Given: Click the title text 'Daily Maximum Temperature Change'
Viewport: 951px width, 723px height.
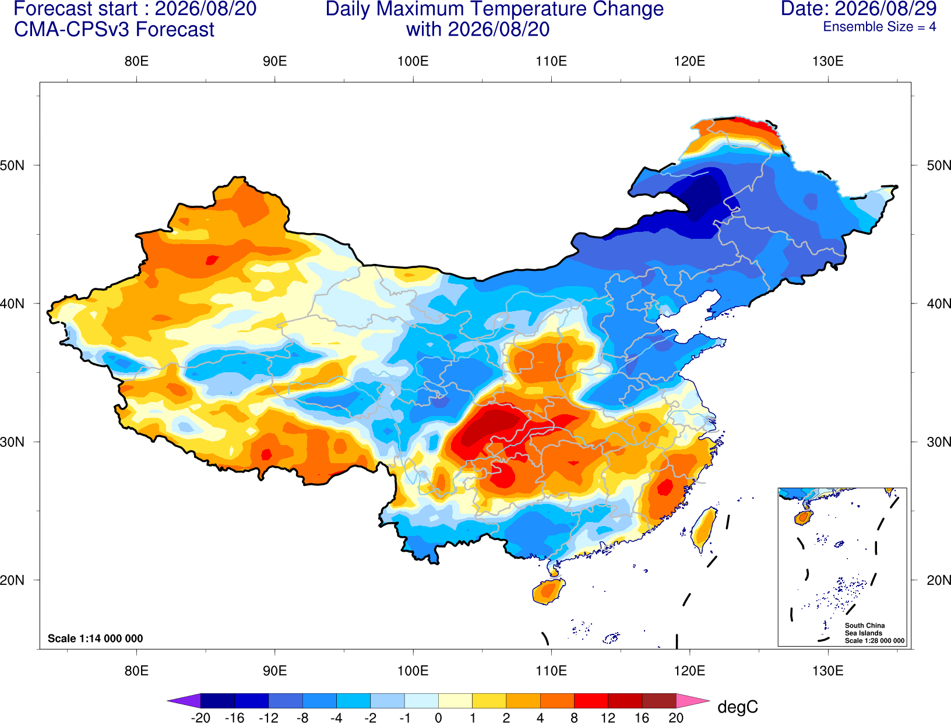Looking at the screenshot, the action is point(494,9).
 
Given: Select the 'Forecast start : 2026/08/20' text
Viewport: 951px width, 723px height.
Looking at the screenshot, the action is point(135,9).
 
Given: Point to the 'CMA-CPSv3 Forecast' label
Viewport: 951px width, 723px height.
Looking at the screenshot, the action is point(114,30).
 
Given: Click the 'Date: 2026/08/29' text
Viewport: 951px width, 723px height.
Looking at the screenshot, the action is point(859,9).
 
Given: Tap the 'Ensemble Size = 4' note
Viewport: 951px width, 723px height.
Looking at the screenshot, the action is point(879,27).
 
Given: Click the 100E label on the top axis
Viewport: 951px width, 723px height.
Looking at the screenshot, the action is point(413,61).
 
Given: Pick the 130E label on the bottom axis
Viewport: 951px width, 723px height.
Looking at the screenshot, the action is point(827,671).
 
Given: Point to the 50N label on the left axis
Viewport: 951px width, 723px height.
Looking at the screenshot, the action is point(12,165).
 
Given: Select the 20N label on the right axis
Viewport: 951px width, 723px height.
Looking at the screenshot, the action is point(938,580).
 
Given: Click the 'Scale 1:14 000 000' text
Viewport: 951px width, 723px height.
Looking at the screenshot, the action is point(96,638).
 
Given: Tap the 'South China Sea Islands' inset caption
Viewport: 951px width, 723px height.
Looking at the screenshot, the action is point(864,629).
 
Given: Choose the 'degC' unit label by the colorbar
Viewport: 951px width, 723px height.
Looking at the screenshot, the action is point(737,707).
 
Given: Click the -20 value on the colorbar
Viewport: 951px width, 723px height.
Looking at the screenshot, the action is point(200,718).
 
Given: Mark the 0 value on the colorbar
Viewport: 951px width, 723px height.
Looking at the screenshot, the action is point(438,718).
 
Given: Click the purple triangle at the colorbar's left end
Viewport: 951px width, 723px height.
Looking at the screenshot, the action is point(184,700).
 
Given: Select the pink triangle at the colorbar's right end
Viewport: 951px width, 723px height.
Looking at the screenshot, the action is point(693,700).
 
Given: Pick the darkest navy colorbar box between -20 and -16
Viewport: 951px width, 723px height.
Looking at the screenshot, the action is point(217,700).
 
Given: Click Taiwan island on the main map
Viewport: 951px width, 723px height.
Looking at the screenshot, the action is point(703,530).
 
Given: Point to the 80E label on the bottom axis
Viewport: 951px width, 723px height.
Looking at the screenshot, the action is point(136,671).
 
